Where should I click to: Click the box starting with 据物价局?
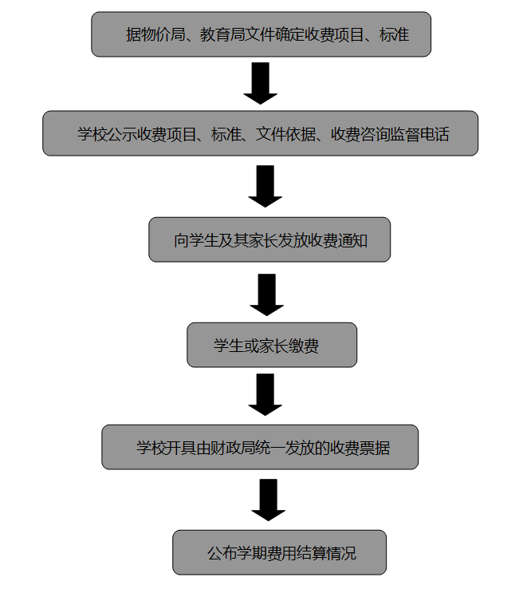pyautogui.click(x=261, y=34)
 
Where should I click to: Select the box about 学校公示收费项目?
pyautogui.click(x=260, y=133)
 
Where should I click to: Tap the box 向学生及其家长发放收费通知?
pyautogui.click(x=269, y=239)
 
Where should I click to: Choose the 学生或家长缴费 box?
pyautogui.click(x=272, y=345)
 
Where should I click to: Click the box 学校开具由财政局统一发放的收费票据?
pyautogui.click(x=260, y=447)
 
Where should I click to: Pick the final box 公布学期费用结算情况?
pyautogui.click(x=280, y=552)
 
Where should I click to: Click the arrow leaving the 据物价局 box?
pyautogui.click(x=260, y=83)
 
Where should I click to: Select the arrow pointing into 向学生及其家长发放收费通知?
pyautogui.click(x=265, y=187)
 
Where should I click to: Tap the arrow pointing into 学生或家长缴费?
pyautogui.click(x=267, y=295)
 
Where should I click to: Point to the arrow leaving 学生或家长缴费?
pyautogui.click(x=265, y=395)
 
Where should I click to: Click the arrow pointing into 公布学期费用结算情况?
pyautogui.click(x=268, y=500)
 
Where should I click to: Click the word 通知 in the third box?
pyautogui.click(x=353, y=240)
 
